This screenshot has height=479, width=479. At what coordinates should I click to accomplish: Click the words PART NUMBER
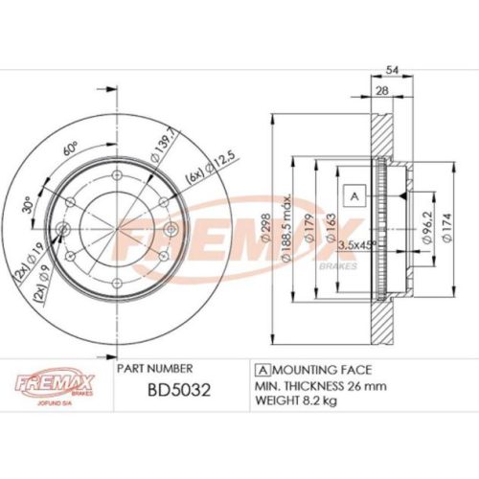(154, 368)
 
